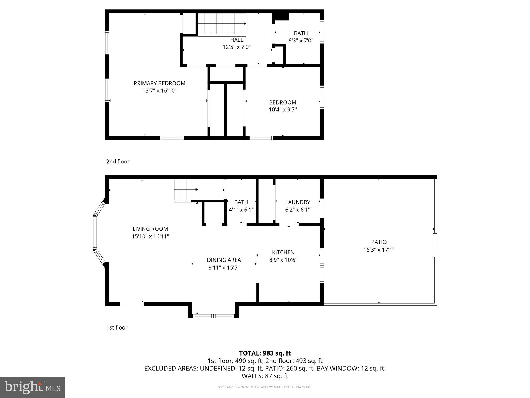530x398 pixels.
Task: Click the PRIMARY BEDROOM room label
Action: pyautogui.click(x=160, y=83)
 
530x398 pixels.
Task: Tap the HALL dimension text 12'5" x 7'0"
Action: pyautogui.click(x=237, y=47)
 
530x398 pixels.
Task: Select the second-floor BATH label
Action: pyautogui.click(x=301, y=33)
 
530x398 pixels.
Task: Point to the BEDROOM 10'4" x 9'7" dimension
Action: pyautogui.click(x=282, y=110)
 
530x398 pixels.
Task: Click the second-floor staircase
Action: pyautogui.click(x=222, y=24)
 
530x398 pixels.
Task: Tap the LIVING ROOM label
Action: pyautogui.click(x=150, y=229)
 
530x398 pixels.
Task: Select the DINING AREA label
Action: pyautogui.click(x=224, y=260)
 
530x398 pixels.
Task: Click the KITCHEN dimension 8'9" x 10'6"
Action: pyautogui.click(x=283, y=260)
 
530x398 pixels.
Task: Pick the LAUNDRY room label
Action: pyautogui.click(x=298, y=202)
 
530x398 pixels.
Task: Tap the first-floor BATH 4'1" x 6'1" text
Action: pyautogui.click(x=241, y=210)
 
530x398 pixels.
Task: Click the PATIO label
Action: pyautogui.click(x=379, y=242)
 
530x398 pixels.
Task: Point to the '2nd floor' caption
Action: pyautogui.click(x=118, y=162)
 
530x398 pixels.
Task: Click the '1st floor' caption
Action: pyautogui.click(x=117, y=327)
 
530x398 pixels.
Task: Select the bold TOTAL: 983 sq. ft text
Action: pyautogui.click(x=265, y=353)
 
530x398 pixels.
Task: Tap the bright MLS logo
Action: pyautogui.click(x=32, y=387)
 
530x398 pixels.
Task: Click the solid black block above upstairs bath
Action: pyautogui.click(x=281, y=16)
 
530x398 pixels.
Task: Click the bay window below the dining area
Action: pyautogui.click(x=214, y=316)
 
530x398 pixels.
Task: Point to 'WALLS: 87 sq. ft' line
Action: pyautogui.click(x=265, y=376)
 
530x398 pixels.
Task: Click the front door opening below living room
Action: pyautogui.click(x=132, y=304)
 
